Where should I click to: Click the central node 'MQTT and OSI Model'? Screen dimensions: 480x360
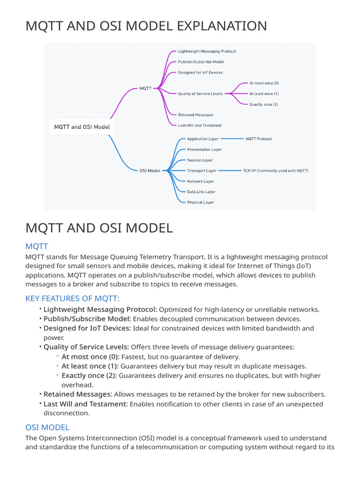tap(82, 127)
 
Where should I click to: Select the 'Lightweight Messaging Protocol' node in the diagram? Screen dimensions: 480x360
tap(207, 51)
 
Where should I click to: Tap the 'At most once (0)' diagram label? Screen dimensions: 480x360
tap(264, 83)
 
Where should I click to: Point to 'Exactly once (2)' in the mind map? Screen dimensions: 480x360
tap(263, 104)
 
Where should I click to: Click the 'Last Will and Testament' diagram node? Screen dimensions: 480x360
tap(200, 125)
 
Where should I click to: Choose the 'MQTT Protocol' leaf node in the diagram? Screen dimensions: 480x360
tap(258, 139)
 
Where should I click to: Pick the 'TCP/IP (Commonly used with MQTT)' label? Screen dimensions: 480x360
tap(275, 171)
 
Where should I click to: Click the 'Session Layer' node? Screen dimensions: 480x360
tap(200, 160)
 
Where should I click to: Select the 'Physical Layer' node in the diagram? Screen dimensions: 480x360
tap(200, 202)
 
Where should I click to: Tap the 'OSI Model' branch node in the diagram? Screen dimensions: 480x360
tap(150, 171)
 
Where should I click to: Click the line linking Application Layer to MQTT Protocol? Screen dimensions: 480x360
tap(232, 139)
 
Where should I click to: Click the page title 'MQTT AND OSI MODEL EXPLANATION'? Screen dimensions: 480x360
tap(146, 26)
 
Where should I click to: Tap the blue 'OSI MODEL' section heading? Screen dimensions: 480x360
tap(47, 427)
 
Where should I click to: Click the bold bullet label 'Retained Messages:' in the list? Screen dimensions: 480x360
tap(78, 394)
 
